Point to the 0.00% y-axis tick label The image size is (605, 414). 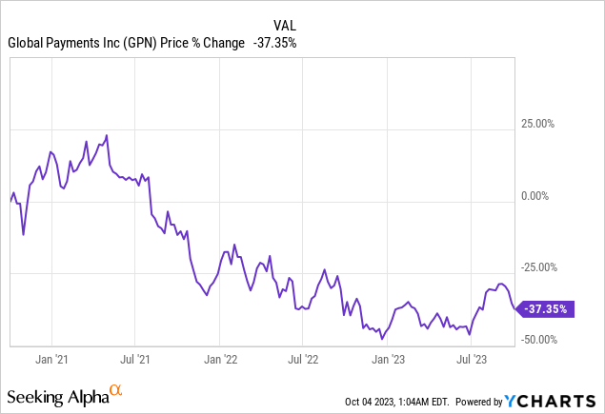coord(547,196)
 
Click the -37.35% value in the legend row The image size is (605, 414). coord(275,43)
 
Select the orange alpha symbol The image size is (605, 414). coord(116,390)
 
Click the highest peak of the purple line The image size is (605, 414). coord(107,135)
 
